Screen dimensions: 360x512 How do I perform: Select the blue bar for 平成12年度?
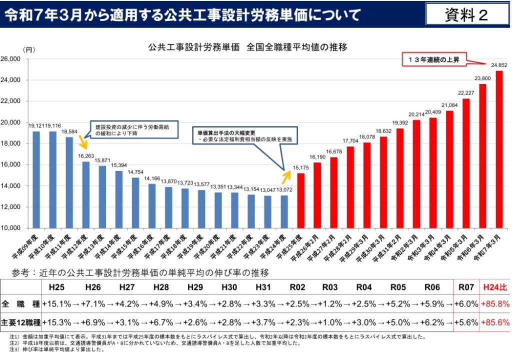[x=85, y=194]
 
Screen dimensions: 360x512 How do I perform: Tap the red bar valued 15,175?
[x=300, y=200]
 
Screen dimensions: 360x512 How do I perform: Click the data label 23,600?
[x=482, y=78]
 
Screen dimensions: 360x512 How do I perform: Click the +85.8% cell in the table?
[x=495, y=303]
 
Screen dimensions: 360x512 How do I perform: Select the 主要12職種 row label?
[x=20, y=322]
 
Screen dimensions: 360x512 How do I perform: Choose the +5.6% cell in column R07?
[x=466, y=322]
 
